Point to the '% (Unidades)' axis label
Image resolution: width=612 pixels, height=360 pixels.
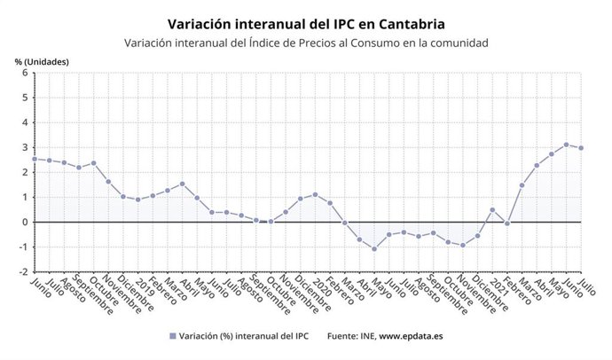(42, 61)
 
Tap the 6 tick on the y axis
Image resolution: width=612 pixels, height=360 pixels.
(24, 74)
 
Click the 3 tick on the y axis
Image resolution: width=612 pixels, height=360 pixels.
(24, 148)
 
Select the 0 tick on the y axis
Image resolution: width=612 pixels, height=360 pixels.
(24, 223)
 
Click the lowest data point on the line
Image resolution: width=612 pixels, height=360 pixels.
(374, 248)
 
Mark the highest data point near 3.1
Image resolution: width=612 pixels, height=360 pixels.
(567, 145)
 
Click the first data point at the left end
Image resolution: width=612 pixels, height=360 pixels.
(34, 159)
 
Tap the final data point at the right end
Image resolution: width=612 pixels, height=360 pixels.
(582, 148)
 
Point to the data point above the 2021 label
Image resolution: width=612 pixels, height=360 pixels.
(492, 210)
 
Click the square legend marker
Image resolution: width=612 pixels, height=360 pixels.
(171, 336)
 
